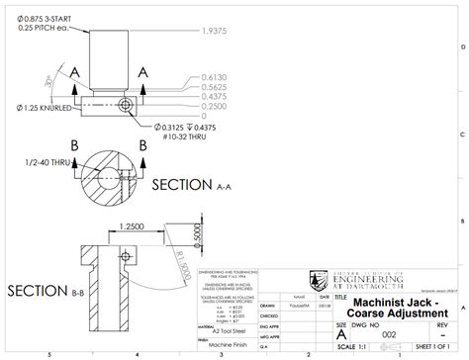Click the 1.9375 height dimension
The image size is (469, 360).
(215, 31)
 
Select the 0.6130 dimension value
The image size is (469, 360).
(214, 76)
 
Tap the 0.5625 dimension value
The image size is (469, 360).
(214, 86)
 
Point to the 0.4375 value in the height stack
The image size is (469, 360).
(214, 96)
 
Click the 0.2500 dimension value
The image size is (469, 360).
(214, 106)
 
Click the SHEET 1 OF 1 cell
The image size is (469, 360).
(432, 349)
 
